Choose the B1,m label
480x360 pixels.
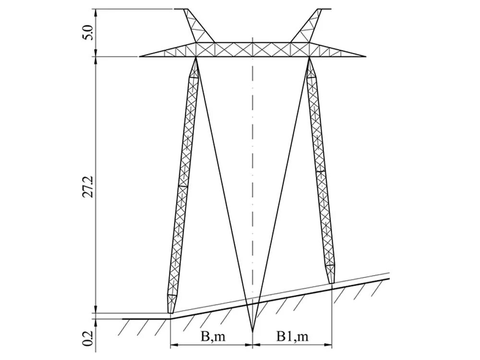[292, 336]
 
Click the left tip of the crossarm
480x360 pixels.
[140, 57]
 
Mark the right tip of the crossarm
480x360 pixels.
[366, 57]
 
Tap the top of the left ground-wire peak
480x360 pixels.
[181, 9]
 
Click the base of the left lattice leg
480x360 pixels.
[170, 312]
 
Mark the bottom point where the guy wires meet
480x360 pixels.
[252, 331]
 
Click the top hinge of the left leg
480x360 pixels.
[196, 58]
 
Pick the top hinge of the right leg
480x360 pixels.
[310, 58]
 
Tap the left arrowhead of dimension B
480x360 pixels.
[172, 345]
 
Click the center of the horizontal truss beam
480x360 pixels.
[252, 49]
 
